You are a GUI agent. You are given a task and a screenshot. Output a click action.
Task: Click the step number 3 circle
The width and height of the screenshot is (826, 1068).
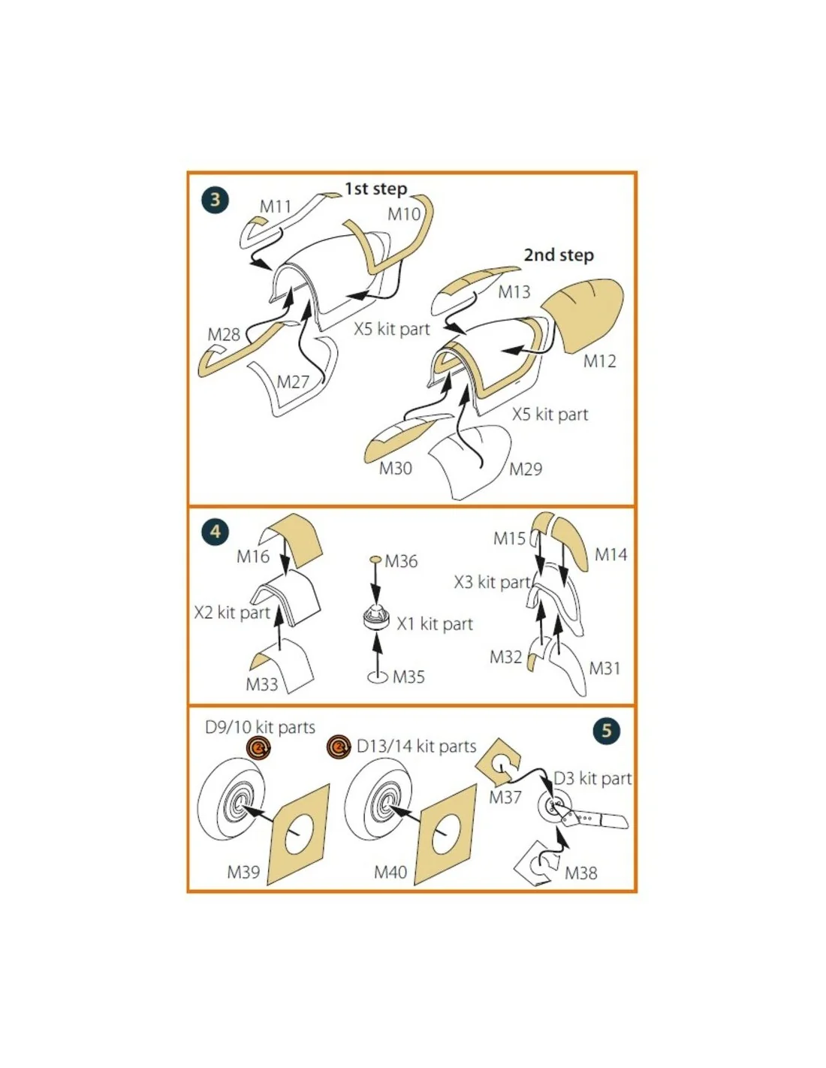[x=215, y=200]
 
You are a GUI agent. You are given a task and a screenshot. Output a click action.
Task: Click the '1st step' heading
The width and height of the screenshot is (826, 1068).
[x=375, y=189]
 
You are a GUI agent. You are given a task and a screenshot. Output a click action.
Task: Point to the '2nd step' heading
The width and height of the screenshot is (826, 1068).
[x=559, y=255]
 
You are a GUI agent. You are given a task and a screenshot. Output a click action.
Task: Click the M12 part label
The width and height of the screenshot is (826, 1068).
[x=599, y=361]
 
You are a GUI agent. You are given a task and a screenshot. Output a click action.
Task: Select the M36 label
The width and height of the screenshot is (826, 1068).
[x=401, y=561]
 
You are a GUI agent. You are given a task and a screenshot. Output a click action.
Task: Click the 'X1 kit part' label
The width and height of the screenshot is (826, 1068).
[x=435, y=624]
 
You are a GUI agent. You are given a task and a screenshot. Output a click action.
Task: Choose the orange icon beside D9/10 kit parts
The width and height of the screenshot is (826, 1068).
[x=258, y=749]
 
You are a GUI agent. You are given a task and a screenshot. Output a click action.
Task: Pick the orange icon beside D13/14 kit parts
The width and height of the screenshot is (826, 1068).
[x=339, y=747]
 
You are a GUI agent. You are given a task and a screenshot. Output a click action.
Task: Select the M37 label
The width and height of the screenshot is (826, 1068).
[x=505, y=797]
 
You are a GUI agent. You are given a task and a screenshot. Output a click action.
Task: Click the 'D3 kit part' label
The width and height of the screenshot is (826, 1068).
[x=592, y=779]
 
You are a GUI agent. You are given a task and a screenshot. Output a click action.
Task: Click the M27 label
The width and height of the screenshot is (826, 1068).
[x=293, y=382]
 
